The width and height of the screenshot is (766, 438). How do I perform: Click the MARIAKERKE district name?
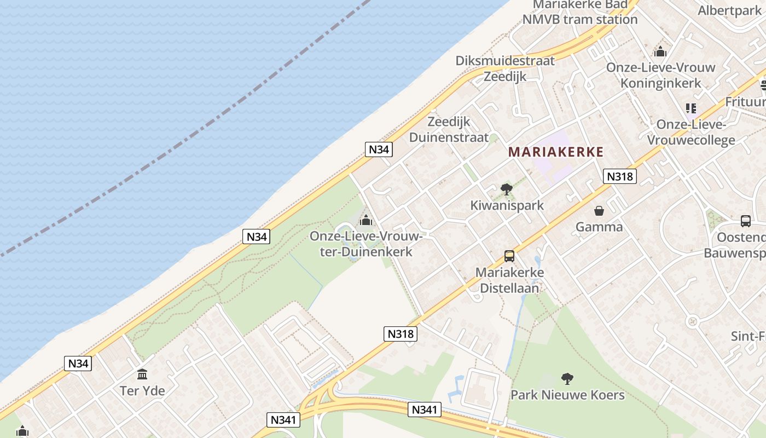556,152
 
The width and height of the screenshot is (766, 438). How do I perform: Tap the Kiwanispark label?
507,205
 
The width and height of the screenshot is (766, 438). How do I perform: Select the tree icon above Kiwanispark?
507,190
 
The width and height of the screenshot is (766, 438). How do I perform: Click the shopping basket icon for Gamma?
599,211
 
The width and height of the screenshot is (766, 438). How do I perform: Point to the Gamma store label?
599,227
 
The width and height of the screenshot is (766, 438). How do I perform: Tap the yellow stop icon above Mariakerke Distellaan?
509,256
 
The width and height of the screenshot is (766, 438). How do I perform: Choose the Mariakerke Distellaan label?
509,280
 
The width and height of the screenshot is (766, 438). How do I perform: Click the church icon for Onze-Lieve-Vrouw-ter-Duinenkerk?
366,221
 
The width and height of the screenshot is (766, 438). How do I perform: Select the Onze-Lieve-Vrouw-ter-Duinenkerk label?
366,244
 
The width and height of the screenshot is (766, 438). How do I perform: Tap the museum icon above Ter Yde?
143,374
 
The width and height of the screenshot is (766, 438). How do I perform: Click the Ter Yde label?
142,391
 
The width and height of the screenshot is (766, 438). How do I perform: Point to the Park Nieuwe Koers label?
567,395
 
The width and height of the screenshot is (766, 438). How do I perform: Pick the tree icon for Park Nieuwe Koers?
567,378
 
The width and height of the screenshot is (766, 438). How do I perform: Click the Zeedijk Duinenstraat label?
449,129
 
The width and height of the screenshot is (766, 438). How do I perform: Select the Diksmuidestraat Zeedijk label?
505,68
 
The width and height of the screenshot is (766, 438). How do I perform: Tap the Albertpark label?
729,10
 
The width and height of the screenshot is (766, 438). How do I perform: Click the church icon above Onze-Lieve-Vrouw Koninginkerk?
660,52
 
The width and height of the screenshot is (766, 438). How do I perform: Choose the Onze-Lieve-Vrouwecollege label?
691,132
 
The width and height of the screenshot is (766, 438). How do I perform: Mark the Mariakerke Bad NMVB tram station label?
580,12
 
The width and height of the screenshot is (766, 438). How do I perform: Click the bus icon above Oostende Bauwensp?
746,221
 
